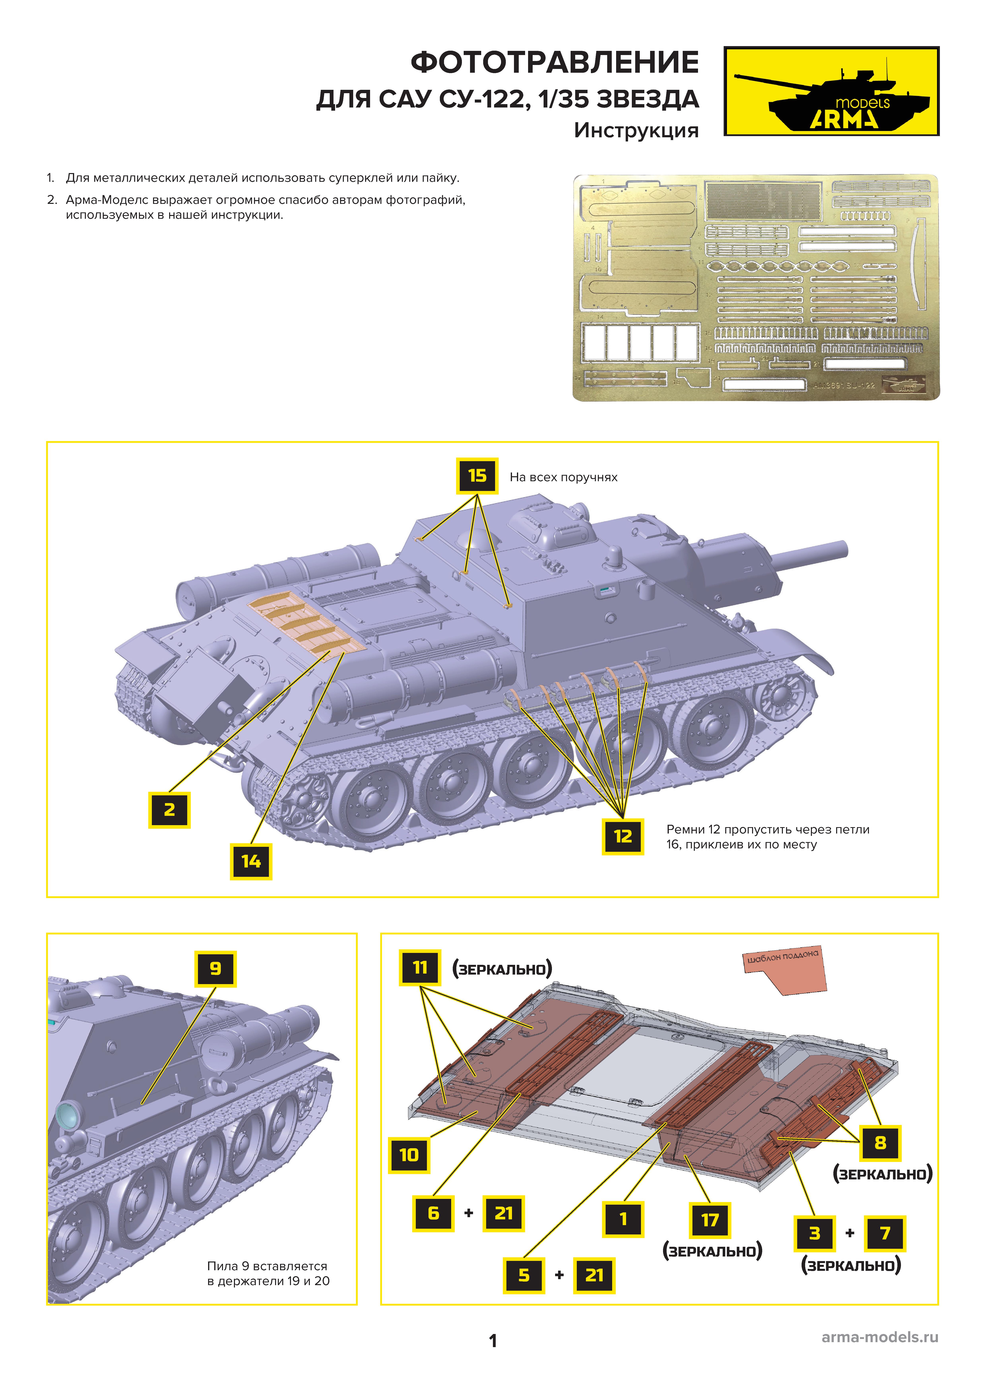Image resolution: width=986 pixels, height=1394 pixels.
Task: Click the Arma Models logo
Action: (831, 91)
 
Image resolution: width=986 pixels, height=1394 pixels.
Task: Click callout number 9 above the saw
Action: (215, 969)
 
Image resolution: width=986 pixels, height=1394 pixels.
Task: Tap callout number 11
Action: (420, 968)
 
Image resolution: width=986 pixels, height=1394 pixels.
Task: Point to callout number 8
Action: (880, 1143)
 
